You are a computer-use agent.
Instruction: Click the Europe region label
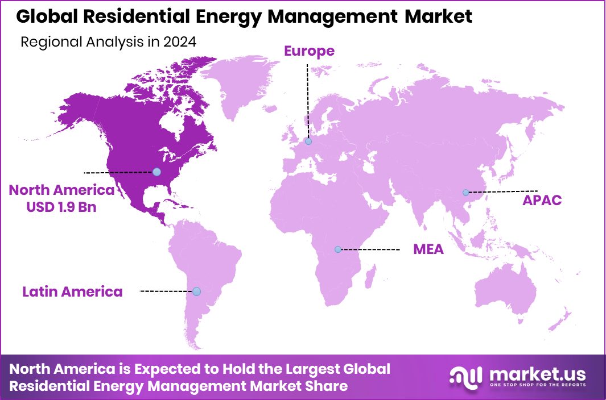point(309,51)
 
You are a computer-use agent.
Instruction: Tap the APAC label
point(542,200)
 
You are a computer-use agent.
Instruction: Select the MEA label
point(428,249)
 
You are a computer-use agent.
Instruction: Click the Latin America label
point(72,292)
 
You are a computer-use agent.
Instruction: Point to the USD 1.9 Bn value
point(61,207)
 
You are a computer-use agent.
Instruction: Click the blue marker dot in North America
point(156,172)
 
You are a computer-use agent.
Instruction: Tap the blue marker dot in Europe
point(308,141)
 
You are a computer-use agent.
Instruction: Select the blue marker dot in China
point(465,193)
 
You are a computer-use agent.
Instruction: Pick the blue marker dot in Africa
point(338,249)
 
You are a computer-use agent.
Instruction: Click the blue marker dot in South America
point(196,291)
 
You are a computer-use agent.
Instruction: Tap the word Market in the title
point(438,16)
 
